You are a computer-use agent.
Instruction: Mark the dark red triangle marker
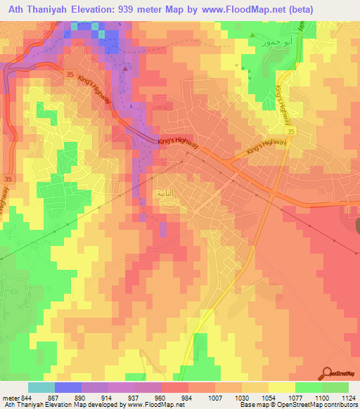pos(125,69)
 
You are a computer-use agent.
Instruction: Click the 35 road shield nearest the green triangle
pos(290,131)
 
